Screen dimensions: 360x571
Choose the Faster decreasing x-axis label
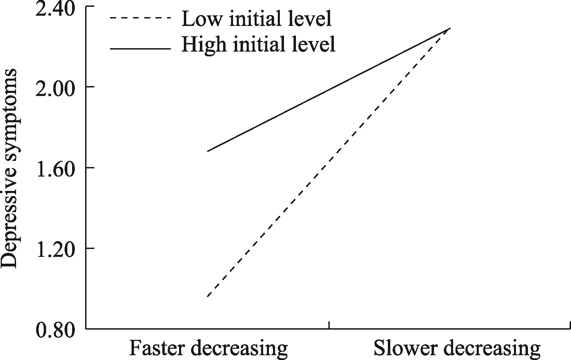point(208,348)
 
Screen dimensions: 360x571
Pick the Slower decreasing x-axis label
point(457,348)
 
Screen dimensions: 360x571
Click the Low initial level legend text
point(257,19)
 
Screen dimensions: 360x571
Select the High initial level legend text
point(258,44)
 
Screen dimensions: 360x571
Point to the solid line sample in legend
point(140,49)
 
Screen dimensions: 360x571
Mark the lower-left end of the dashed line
point(207,297)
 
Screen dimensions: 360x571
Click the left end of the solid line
point(207,151)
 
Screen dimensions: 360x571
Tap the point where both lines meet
point(450,28)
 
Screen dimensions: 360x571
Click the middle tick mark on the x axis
point(329,325)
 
